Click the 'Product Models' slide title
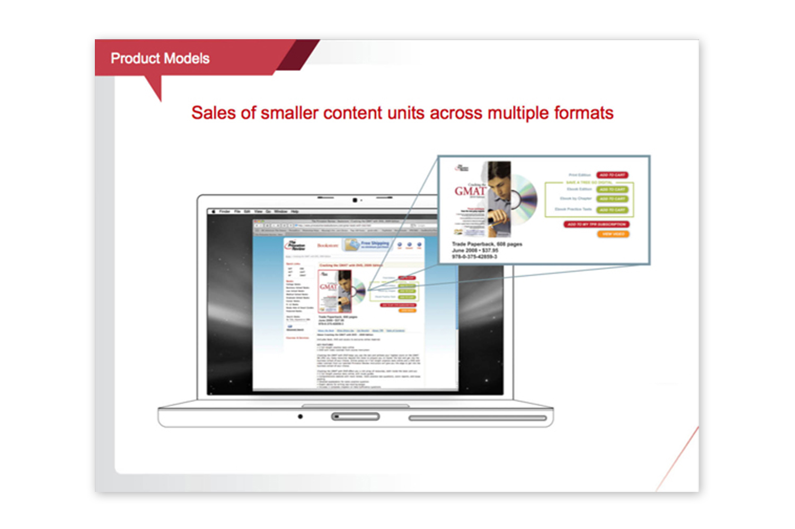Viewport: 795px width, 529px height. tap(160, 58)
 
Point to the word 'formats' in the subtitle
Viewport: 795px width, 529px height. tap(584, 113)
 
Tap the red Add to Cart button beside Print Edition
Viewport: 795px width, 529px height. tap(612, 175)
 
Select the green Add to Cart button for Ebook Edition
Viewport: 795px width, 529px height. tap(612, 189)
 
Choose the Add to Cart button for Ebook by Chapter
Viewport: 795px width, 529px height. tap(612, 199)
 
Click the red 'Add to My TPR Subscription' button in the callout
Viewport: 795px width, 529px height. tap(597, 225)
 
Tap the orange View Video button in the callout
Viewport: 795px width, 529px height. tap(613, 234)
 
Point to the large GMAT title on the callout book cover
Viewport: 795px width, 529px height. tap(470, 191)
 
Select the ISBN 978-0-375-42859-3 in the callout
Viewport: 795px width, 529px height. tap(474, 257)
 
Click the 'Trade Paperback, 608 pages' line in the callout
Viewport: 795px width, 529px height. tap(487, 244)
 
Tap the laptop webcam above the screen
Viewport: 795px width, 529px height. tap(355, 200)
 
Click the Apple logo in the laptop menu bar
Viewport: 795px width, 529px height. tap(214, 211)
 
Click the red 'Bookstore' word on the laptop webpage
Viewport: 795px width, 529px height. tap(328, 246)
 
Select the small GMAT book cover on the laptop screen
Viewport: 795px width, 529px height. tap(335, 291)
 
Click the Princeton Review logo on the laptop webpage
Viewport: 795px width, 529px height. tap(295, 246)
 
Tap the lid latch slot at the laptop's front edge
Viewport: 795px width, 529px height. tap(355, 417)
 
